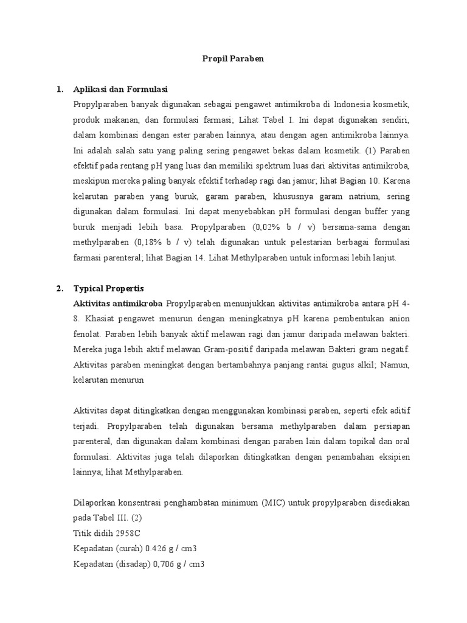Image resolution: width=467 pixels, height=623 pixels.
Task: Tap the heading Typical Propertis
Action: click(109, 288)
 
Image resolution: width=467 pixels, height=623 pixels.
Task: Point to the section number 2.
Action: click(60, 288)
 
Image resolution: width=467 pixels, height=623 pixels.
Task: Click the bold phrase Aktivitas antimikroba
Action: click(117, 303)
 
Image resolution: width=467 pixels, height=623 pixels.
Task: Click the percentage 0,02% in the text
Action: click(264, 227)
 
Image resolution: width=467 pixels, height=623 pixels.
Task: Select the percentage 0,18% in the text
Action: click(142, 242)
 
